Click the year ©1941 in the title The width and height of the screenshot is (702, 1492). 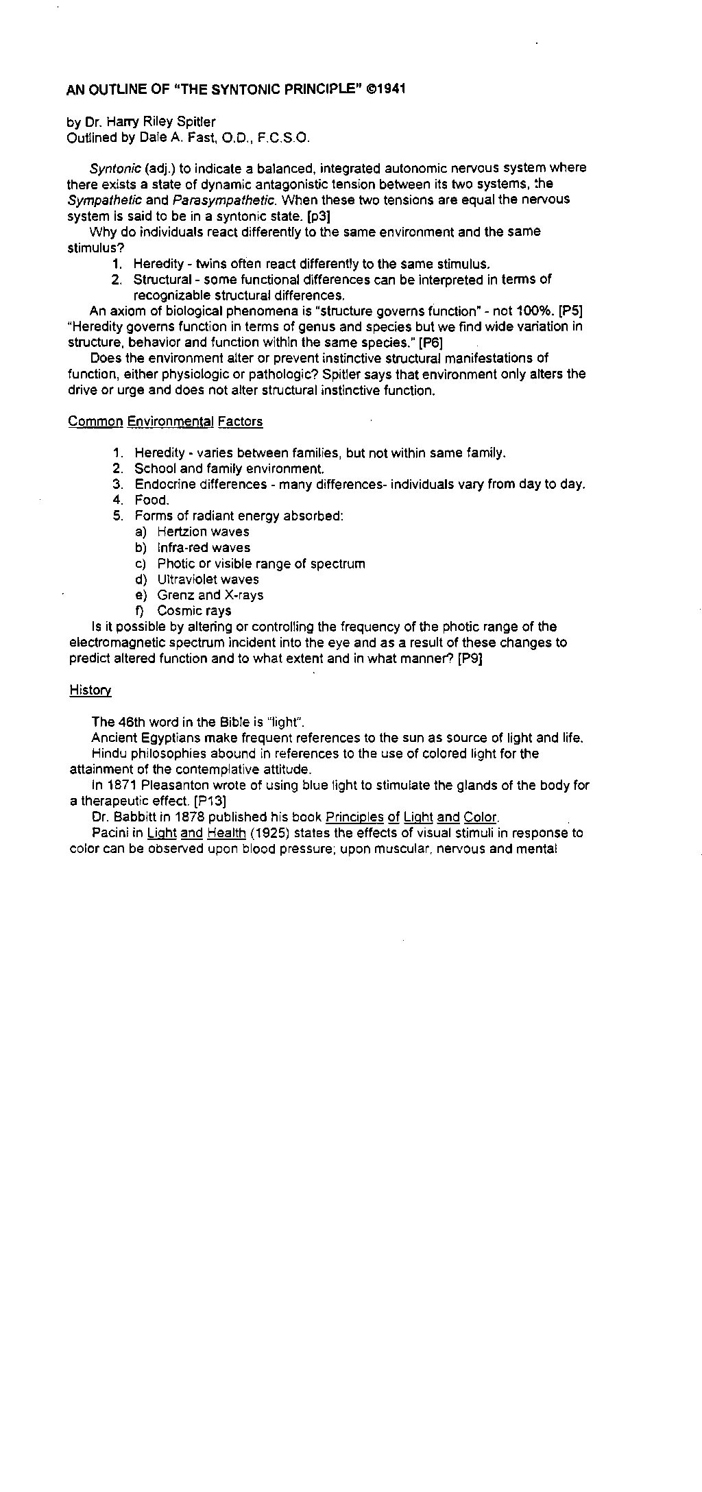387,90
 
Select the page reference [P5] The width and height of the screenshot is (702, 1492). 571,311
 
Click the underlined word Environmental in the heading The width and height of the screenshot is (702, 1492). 171,422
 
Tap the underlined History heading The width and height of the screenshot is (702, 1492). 90,690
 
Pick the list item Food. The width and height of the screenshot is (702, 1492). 152,501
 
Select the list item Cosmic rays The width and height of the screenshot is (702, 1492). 194,611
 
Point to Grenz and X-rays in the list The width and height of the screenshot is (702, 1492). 210,595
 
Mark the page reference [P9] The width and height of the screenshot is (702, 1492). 470,659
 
